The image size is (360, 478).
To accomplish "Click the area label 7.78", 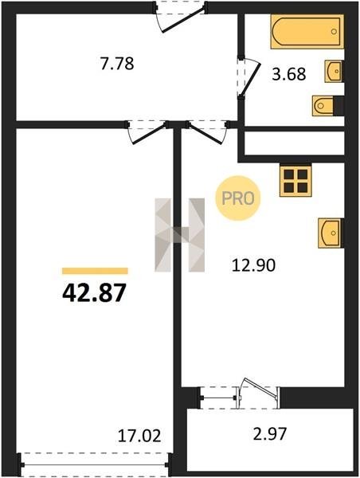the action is coord(117,64).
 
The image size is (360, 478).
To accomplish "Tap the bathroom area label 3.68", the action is coord(288,74).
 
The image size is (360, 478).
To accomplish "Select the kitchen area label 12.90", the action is coord(253,265).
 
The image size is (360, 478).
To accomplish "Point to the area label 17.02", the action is coord(139,436).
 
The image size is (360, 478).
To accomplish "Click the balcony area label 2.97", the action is coord(270,434).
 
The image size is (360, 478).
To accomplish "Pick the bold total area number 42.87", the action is coord(94,292).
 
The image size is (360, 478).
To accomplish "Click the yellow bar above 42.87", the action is coord(95,271).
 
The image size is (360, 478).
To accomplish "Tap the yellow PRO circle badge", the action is coord(238,198).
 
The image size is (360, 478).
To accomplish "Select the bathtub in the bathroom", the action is coord(307,31).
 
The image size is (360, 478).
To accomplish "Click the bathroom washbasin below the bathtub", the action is coord(334,71).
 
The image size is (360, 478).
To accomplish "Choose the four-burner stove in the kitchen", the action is coord(295,181).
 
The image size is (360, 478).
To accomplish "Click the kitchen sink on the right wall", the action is coord(331,233).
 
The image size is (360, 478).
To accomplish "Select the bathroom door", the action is coord(248,77).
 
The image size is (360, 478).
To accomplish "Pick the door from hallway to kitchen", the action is coord(206,132).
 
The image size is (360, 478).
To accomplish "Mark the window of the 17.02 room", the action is coord(95,464).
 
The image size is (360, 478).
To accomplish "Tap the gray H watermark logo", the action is coord(180,235).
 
